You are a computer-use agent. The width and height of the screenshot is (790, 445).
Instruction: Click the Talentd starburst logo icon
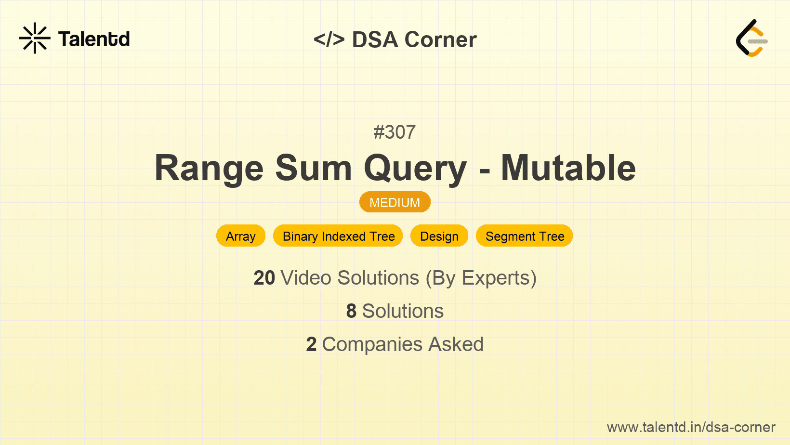[35, 38]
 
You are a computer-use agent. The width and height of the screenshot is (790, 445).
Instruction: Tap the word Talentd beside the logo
[94, 39]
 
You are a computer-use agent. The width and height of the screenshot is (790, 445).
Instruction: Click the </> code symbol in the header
[329, 39]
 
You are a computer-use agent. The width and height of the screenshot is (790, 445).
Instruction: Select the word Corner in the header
[440, 39]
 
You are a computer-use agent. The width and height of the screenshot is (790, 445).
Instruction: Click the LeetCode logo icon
[751, 38]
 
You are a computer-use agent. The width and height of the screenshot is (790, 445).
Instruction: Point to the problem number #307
[395, 132]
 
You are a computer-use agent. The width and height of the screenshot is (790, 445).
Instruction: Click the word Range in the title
[209, 168]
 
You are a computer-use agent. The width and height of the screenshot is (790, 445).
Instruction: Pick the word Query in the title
[415, 169]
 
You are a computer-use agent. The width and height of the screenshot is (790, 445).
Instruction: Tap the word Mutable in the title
[568, 168]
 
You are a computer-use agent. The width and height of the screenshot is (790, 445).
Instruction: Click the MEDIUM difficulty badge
[395, 202]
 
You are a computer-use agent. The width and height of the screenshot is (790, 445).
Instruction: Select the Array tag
[241, 236]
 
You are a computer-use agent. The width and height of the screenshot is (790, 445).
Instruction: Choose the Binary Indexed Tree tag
[338, 236]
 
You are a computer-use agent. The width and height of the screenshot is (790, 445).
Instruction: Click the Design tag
[439, 236]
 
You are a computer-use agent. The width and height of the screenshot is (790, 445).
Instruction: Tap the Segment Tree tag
[525, 236]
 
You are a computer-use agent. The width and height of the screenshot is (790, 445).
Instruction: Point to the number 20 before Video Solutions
[264, 278]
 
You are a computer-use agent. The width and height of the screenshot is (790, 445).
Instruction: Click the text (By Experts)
[481, 278]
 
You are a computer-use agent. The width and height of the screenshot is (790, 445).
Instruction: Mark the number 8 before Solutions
[351, 311]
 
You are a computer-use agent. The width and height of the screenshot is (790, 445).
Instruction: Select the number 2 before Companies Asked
[311, 344]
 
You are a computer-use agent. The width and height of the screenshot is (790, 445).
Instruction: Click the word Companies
[372, 345]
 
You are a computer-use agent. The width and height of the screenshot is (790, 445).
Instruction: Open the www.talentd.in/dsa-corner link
[691, 427]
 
